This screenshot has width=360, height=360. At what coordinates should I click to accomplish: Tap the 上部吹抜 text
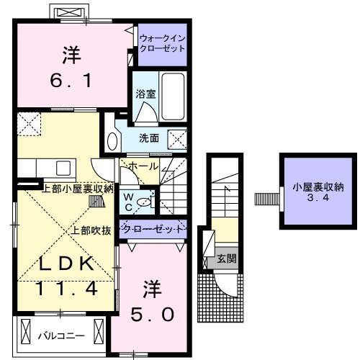click(90, 231)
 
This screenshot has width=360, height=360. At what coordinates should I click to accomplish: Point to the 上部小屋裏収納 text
click(77, 189)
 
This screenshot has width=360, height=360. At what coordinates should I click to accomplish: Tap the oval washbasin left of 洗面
click(112, 139)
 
